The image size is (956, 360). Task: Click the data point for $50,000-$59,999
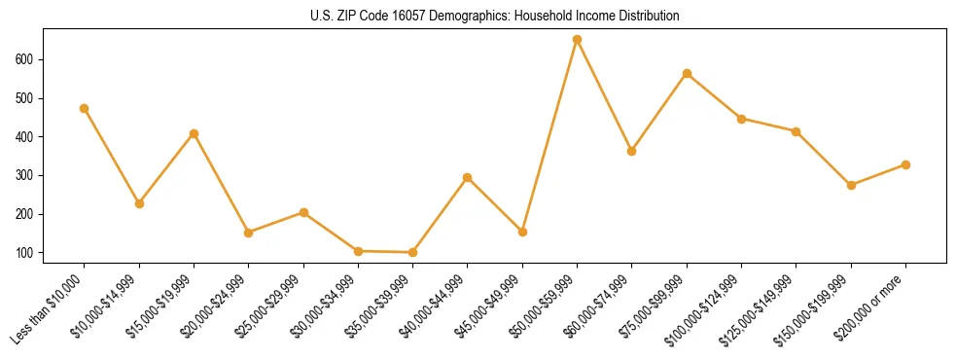(x=577, y=40)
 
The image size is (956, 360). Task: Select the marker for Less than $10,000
(x=85, y=108)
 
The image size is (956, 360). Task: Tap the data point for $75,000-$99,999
(x=687, y=74)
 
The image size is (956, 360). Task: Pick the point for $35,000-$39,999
(x=412, y=252)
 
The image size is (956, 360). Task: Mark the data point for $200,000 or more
(x=905, y=164)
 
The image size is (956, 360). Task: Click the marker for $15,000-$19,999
(x=194, y=133)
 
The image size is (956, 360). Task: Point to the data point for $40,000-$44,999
(x=468, y=177)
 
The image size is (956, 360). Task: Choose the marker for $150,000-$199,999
(x=851, y=185)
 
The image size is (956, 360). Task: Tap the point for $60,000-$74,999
(x=632, y=151)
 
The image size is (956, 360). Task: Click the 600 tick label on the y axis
(x=25, y=59)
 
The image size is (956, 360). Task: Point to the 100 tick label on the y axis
(x=25, y=253)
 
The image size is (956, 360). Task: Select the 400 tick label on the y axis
(x=25, y=137)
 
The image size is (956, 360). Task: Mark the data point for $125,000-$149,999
(x=796, y=131)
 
